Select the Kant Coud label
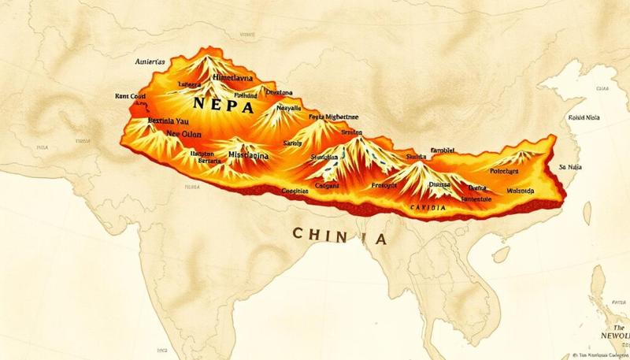point(130,96)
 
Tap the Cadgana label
point(327,187)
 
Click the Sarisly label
point(292,144)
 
